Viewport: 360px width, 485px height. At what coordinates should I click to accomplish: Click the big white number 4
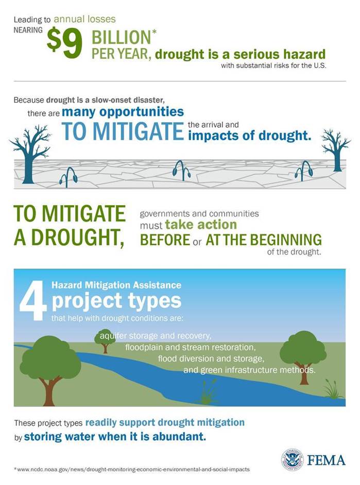[32, 304]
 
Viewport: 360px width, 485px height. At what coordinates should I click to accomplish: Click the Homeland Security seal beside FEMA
[292, 459]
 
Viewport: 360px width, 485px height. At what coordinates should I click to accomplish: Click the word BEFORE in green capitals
[165, 240]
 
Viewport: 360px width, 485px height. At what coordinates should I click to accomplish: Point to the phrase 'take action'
[201, 225]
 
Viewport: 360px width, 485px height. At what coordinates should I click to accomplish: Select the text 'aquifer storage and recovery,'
[156, 336]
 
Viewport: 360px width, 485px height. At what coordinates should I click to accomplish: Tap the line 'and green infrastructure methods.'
[249, 370]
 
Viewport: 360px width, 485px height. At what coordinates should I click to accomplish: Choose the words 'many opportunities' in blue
[123, 112]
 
